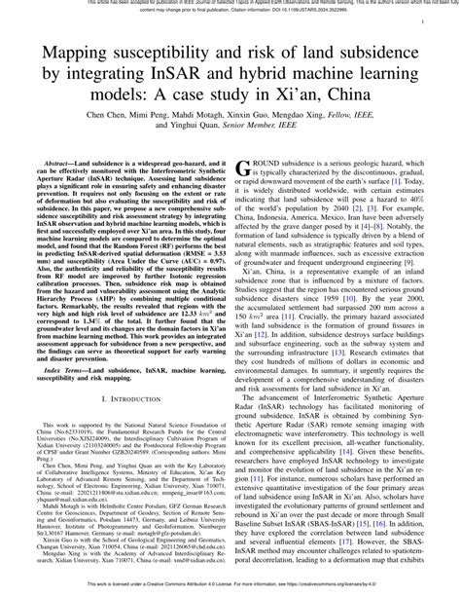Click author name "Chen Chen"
click(110, 114)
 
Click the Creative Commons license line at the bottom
click(230, 590)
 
